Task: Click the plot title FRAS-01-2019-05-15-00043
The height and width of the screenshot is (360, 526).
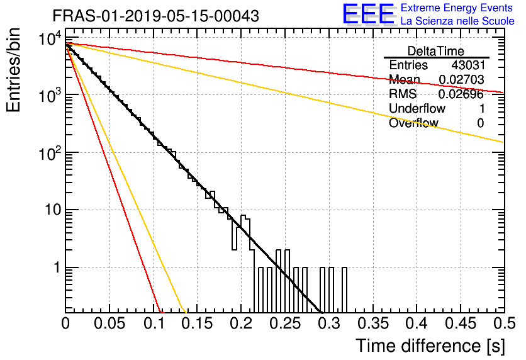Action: tap(155, 16)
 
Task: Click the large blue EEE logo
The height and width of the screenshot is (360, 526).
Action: tap(369, 14)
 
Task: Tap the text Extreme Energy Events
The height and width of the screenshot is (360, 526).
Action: tap(457, 8)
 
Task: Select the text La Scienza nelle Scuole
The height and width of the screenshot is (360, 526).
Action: tap(457, 21)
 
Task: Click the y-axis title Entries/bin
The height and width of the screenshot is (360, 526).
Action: tap(13, 70)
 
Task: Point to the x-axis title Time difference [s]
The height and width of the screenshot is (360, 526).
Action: tap(430, 346)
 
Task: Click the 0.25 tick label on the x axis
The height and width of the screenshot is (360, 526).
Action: tap(285, 323)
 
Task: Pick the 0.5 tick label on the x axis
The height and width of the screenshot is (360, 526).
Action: tap(504, 323)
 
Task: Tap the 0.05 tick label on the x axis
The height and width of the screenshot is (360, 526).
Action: tap(109, 323)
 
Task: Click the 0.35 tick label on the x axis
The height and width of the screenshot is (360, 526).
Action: tap(373, 323)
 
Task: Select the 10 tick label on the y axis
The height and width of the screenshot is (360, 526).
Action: tap(52, 210)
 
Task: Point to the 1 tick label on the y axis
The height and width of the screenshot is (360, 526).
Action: tap(57, 267)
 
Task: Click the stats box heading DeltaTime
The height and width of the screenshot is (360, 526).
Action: tap(436, 51)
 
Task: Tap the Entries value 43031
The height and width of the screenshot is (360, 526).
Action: tap(468, 65)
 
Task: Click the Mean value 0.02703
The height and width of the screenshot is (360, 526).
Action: tap(462, 79)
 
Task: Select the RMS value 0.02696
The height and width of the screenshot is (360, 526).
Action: tap(461, 94)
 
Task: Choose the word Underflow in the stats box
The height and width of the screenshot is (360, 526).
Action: tap(417, 108)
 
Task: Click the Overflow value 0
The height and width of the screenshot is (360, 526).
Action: tap(481, 123)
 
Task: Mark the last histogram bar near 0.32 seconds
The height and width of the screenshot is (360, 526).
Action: tap(344, 290)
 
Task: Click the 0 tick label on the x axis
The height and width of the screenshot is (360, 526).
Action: tap(65, 323)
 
